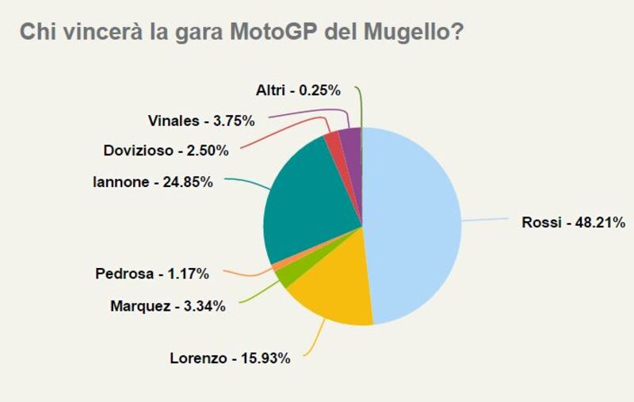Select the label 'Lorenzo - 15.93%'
230,358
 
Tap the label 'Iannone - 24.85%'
153,182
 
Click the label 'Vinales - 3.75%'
201,121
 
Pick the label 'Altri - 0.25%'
298,90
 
